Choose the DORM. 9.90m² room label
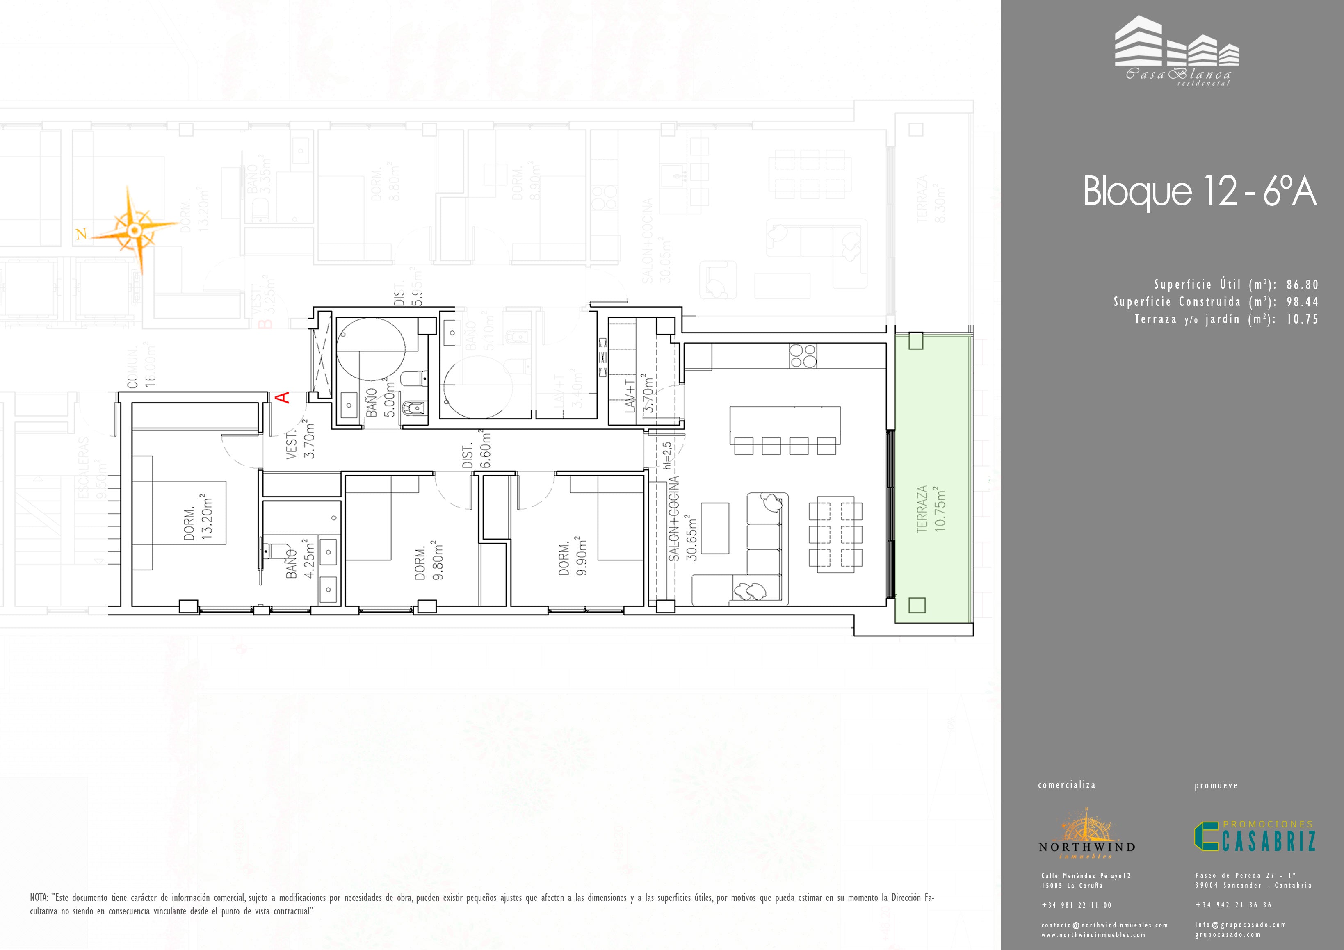pos(573,556)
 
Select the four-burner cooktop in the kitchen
pos(803,355)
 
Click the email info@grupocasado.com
pos(1240,925)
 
